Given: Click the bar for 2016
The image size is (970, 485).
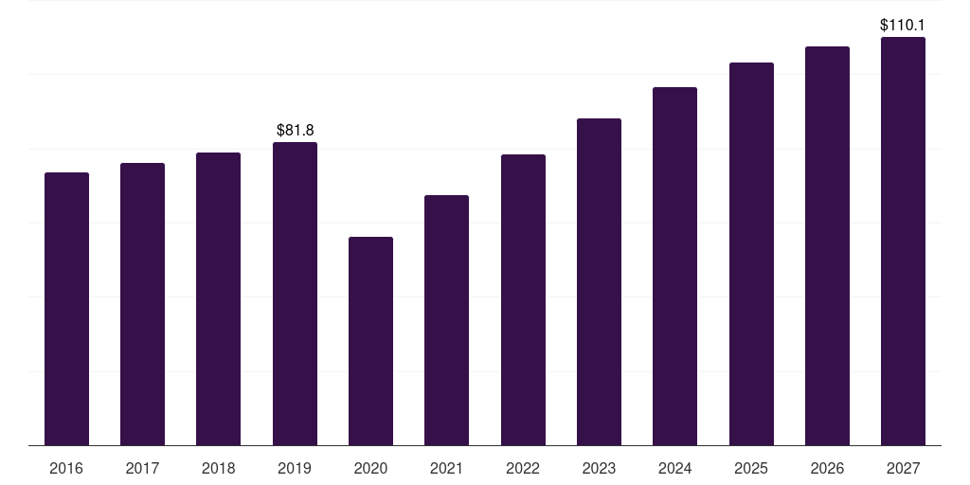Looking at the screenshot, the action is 67,309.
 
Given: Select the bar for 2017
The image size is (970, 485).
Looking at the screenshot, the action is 142,304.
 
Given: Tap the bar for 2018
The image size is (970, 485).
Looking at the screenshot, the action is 219,298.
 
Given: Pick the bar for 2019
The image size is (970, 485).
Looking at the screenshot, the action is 296,294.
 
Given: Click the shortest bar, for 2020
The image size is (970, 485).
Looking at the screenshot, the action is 370,341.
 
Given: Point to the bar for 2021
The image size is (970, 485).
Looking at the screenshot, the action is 447,320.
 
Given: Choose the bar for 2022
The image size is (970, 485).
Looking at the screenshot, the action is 523,300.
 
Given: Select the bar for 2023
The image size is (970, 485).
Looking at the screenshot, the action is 599,282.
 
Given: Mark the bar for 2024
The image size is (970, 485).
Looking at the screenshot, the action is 674,266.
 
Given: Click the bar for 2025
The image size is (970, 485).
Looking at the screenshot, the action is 751,254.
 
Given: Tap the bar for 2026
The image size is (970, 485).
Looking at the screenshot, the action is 827,246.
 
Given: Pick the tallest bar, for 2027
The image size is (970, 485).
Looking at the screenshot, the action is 903,242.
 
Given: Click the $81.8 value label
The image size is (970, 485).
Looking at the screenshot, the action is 296,130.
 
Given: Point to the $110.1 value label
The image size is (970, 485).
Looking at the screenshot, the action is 903,25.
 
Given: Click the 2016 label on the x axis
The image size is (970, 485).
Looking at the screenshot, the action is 66,468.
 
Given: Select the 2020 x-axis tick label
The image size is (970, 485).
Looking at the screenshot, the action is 370,468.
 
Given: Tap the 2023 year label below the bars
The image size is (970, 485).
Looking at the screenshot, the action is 599,468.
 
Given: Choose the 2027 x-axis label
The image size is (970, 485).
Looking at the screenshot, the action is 903,468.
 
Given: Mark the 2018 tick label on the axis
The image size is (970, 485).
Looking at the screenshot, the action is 219,468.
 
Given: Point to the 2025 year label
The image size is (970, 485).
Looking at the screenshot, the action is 751,468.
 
